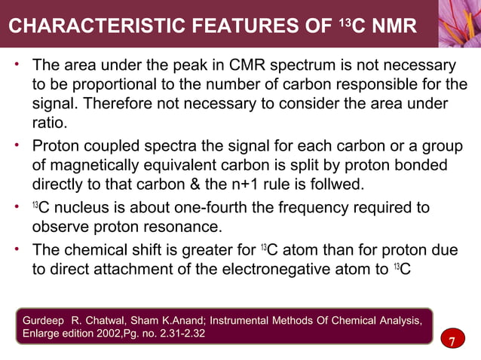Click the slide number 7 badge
click(x=452, y=343)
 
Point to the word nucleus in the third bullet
click(x=81, y=207)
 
